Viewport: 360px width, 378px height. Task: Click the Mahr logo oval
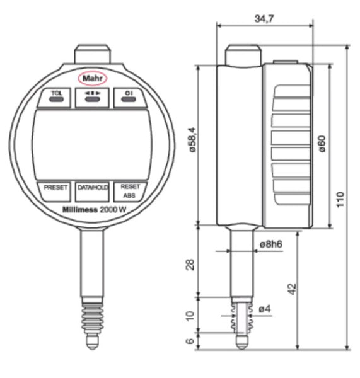pos(93,78)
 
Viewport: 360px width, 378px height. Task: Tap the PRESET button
pos(55,188)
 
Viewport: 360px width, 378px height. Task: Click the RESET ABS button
pos(131,190)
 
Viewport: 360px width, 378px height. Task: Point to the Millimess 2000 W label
pos(93,210)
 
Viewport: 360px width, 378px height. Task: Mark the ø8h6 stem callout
pos(270,243)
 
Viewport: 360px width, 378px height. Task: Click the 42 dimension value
pos(291,289)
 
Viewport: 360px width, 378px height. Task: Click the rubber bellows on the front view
pos(93,314)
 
